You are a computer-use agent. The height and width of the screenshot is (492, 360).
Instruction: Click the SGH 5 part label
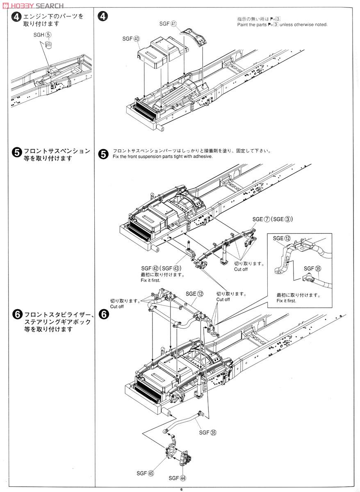tap(43, 35)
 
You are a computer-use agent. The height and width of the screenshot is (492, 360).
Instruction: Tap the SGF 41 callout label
tap(167, 24)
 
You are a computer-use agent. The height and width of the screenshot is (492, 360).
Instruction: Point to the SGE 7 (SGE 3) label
tap(272, 219)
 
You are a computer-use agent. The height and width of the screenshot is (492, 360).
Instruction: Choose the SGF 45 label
tap(145, 473)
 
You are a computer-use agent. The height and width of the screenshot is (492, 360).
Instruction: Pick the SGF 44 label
tap(177, 478)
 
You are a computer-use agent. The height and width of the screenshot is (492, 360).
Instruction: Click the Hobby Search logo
tap(32, 5)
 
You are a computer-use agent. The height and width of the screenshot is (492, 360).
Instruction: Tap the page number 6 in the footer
tap(180, 488)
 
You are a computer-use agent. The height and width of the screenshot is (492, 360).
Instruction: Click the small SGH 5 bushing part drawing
tap(49, 44)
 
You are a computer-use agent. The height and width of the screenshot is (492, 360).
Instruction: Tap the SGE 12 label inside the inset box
tap(282, 238)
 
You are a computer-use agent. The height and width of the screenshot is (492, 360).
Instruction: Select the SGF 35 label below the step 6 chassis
tap(208, 432)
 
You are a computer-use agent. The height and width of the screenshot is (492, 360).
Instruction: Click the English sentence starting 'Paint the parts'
tap(282, 25)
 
